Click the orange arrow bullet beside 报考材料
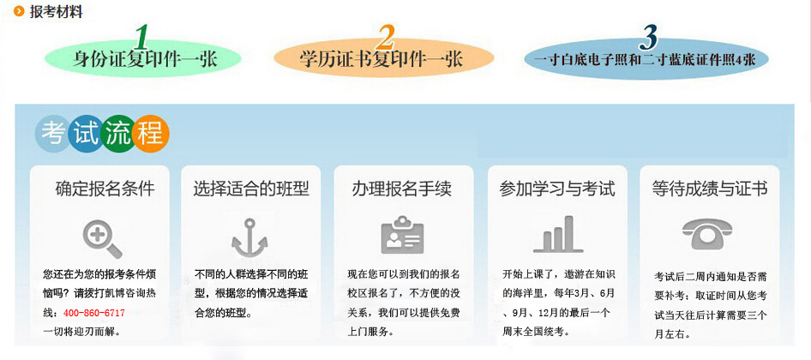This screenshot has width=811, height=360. (20, 11)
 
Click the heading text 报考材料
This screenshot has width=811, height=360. (56, 11)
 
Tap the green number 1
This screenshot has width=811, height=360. (141, 37)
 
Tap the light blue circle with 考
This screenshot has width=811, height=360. (51, 135)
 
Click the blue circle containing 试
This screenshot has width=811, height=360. (86, 135)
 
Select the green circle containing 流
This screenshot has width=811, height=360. (118, 135)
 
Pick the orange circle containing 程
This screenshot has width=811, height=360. (151, 135)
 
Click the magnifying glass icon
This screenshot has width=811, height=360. (102, 238)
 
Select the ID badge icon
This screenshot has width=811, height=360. (402, 236)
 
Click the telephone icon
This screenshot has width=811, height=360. (707, 234)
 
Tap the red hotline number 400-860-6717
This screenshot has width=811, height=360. (94, 313)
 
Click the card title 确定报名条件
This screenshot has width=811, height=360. (105, 189)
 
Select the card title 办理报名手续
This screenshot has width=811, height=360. (402, 189)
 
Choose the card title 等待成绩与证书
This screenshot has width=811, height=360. (710, 189)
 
